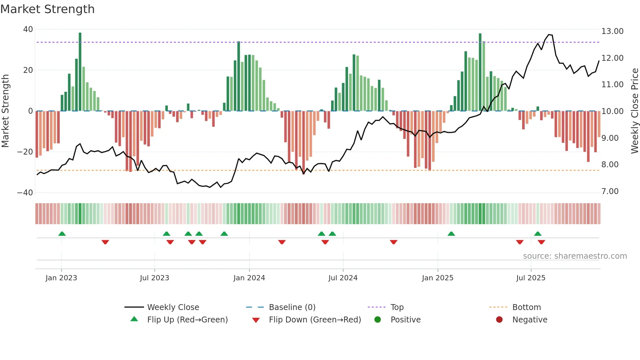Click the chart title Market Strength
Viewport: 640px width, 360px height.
click(47, 9)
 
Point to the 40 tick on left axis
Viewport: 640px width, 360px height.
click(28, 29)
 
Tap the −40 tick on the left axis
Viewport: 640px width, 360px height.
click(25, 193)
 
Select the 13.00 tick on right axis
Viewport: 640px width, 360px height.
click(612, 31)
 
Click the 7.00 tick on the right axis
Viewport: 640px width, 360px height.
click(610, 191)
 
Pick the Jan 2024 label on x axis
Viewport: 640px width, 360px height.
click(249, 278)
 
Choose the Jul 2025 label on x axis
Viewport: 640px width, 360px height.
click(531, 278)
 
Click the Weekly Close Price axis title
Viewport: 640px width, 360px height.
click(634, 111)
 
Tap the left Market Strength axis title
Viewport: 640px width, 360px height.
click(6, 111)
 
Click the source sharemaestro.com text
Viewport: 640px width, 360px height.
click(575, 256)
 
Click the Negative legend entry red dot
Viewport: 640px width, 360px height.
click(499, 320)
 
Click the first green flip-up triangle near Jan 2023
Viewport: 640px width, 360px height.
click(62, 234)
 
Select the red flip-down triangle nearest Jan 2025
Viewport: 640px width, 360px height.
click(393, 242)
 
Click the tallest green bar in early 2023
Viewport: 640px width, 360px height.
click(80, 72)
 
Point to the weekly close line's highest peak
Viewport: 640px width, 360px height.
click(549, 35)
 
